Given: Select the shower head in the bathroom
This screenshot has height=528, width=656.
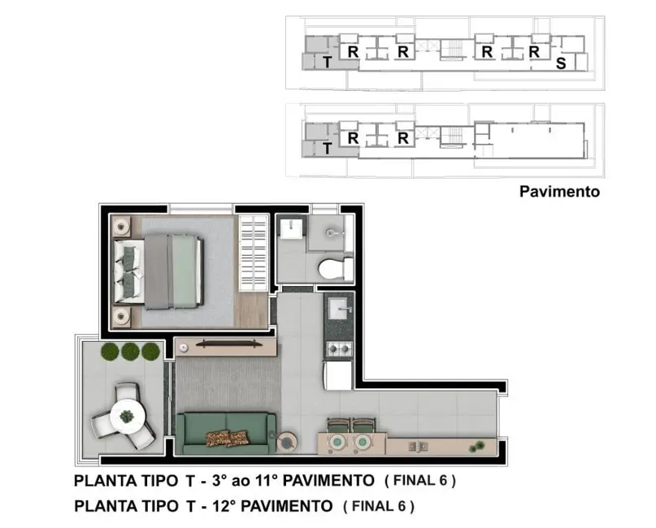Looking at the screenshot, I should [x=332, y=232].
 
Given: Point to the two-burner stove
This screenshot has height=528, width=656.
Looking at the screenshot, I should [x=338, y=349].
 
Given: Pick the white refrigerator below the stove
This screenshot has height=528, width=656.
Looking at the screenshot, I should [x=338, y=376].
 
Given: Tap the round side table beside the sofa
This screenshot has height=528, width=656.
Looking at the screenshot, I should [x=287, y=442].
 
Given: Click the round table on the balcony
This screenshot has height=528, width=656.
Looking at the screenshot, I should [x=127, y=414].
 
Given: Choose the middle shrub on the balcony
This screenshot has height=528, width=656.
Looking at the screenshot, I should [x=130, y=352].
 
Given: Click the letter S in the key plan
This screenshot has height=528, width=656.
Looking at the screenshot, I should [x=560, y=64].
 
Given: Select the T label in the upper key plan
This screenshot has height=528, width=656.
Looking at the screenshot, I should [x=326, y=63].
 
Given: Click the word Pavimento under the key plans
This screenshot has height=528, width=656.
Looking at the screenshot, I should [x=558, y=193].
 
